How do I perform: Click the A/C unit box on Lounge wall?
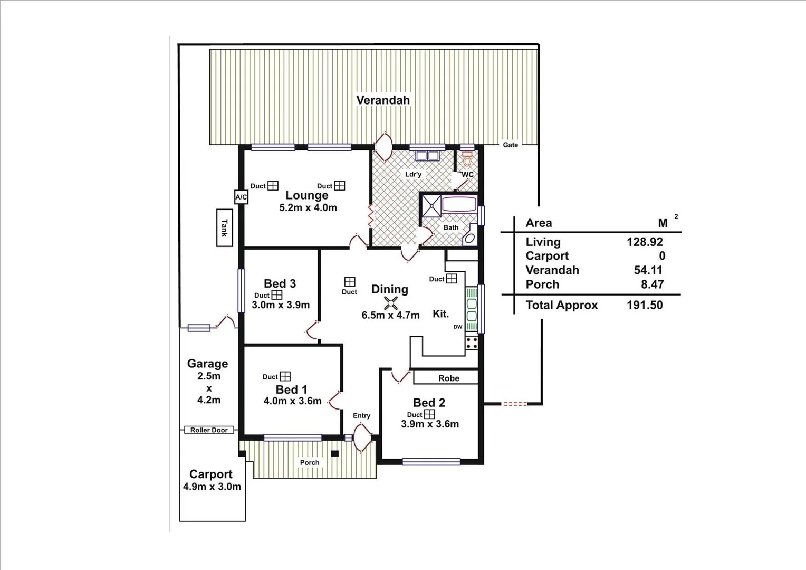click(241, 197)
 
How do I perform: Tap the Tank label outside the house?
click(224, 227)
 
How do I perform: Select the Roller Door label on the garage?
click(209, 430)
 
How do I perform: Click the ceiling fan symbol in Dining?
click(391, 302)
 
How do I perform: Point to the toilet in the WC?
click(467, 159)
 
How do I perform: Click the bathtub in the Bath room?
click(459, 204)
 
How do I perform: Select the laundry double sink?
click(427, 156)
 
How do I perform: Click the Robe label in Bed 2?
click(448, 378)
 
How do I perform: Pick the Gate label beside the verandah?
click(510, 145)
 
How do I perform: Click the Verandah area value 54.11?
click(648, 270)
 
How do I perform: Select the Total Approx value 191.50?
click(645, 305)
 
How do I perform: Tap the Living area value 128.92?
click(645, 242)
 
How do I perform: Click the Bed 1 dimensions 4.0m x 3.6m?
click(292, 401)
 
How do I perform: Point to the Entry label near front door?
click(361, 416)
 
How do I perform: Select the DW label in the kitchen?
click(457, 327)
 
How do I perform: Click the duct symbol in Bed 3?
click(276, 295)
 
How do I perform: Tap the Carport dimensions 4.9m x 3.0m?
click(212, 487)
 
